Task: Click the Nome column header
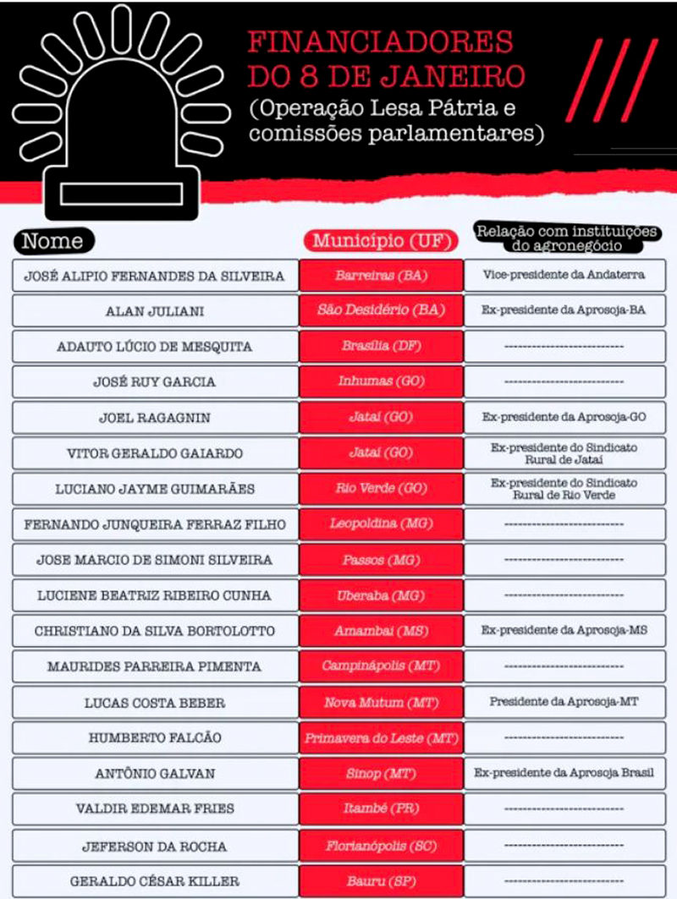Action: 52,241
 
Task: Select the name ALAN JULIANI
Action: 155,311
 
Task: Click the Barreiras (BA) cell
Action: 380,276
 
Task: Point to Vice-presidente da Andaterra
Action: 564,276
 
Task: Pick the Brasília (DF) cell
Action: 380,347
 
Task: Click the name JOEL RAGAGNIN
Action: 155,418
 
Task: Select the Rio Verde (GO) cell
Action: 380,489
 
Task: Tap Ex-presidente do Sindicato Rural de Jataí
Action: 564,453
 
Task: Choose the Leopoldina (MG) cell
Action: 380,524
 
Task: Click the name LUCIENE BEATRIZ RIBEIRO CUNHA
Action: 155,595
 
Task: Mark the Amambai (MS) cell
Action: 380,631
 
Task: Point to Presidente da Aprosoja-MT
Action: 564,702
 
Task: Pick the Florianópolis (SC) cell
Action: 380,846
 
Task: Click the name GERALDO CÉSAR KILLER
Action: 155,881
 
